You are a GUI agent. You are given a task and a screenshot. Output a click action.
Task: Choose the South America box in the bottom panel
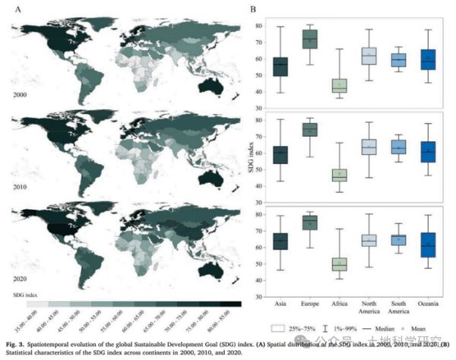(399, 239)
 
